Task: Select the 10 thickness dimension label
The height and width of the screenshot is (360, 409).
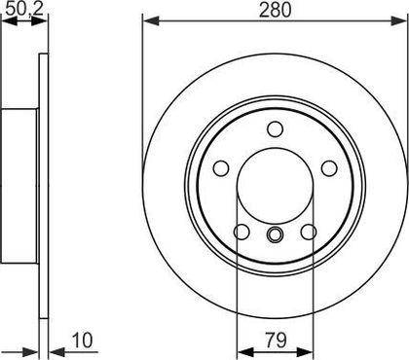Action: point(82,341)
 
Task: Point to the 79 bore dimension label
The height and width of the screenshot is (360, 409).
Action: point(276,341)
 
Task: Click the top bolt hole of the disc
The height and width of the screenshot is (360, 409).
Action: point(275,129)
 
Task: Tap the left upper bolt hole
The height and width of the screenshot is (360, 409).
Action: point(221,168)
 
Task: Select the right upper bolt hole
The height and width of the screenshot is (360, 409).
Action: point(329,168)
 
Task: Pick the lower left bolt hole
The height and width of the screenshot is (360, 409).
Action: point(242,232)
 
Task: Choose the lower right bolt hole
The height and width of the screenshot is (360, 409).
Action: point(309,232)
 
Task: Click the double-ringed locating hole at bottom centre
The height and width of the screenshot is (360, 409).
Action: point(275,234)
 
